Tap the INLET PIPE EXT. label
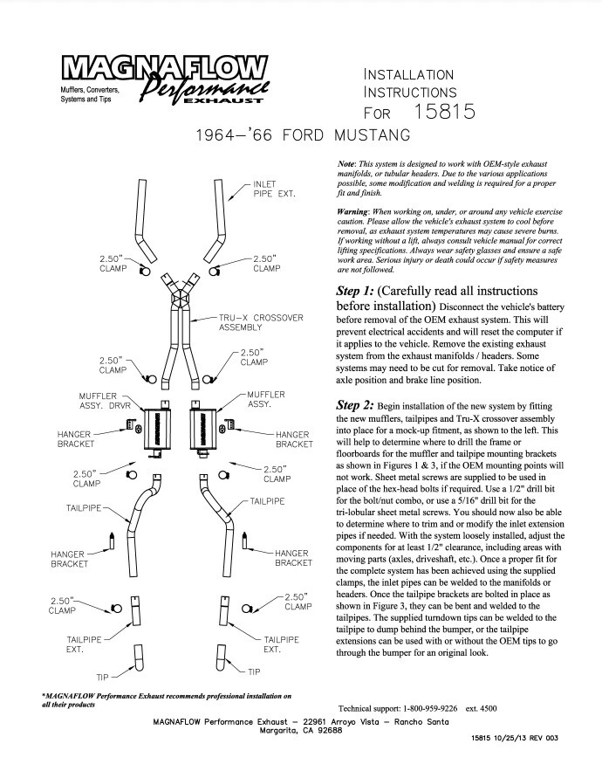(274, 189)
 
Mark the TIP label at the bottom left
(103, 676)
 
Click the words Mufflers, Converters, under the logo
(90, 91)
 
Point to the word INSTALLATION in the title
(408, 74)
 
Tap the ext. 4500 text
(507, 707)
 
